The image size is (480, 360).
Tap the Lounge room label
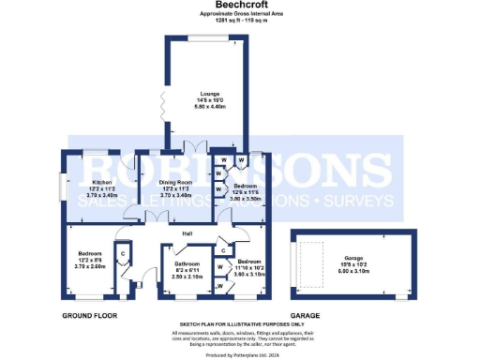(207, 94)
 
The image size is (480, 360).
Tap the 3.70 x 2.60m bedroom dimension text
(92, 266)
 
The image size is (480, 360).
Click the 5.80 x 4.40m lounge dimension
(207, 106)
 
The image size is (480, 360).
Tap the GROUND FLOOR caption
(91, 316)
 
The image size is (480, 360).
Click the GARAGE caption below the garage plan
(305, 316)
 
